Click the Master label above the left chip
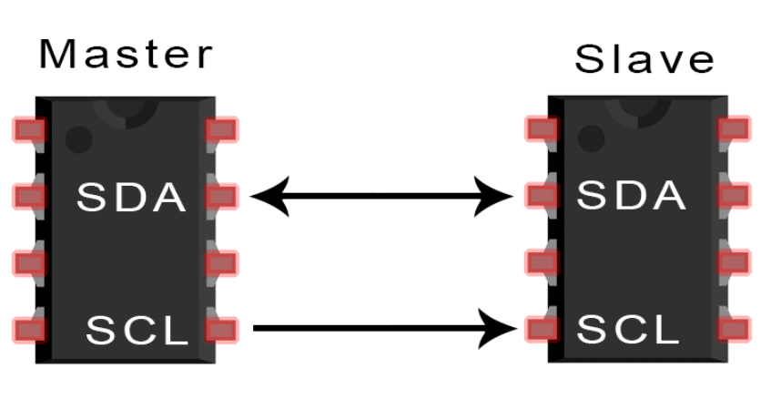coord(126,55)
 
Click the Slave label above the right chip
coord(644,59)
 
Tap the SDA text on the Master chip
coord(131,197)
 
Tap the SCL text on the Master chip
coord(137,330)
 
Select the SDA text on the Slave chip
coord(631,195)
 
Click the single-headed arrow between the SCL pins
coord(380,328)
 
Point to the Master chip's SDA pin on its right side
coord(221,196)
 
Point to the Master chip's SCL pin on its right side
coord(221,329)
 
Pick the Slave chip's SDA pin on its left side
coord(542,195)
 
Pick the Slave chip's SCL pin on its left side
coord(542,328)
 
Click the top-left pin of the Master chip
coord(29,129)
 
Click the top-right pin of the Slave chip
coord(734,128)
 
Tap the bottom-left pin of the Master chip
coord(29,329)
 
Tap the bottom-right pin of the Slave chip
coord(734,328)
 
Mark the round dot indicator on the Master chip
coord(79,139)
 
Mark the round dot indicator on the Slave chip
coord(592,138)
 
